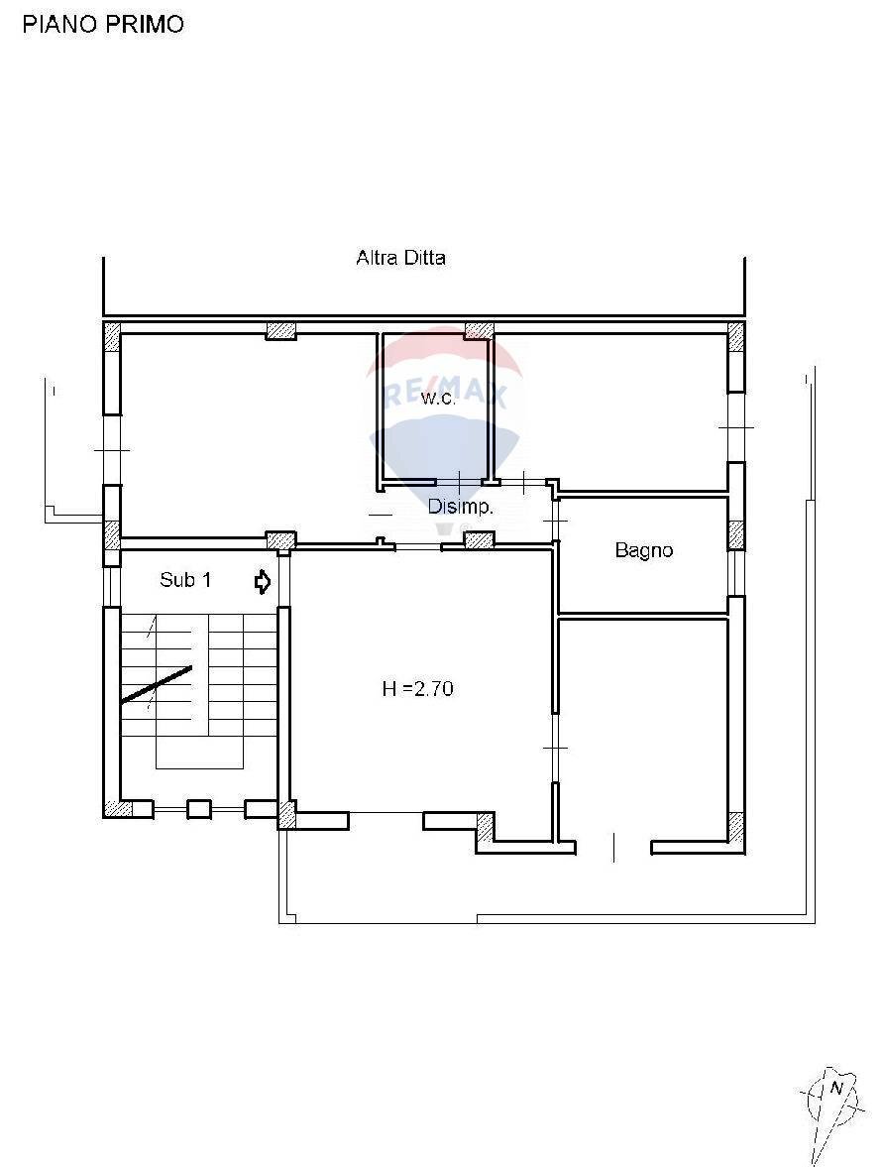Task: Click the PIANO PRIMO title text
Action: [x=103, y=25]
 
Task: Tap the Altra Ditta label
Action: [x=400, y=258]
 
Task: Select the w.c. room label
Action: [x=437, y=399]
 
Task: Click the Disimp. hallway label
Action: [x=461, y=507]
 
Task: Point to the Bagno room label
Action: [x=643, y=550]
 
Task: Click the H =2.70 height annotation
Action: [x=417, y=688]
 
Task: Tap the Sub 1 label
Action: [x=185, y=580]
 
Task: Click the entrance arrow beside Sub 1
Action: [x=263, y=582]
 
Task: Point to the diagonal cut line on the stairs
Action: [x=157, y=684]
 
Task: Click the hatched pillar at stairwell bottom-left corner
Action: [x=118, y=809]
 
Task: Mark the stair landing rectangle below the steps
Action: [x=199, y=754]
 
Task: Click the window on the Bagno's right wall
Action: [x=736, y=573]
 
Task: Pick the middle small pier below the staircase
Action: [x=199, y=809]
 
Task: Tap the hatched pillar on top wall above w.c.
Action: [x=480, y=330]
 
